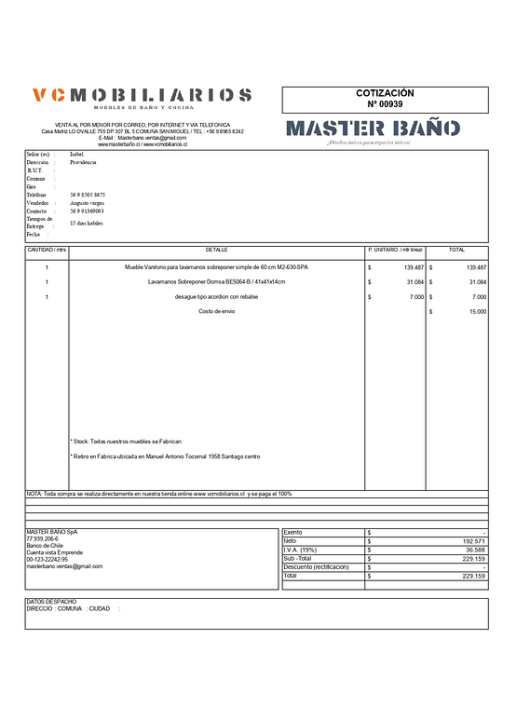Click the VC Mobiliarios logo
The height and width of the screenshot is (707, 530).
coord(142,96)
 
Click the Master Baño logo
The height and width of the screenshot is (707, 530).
coord(372,129)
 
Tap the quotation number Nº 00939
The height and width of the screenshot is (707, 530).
coord(385,104)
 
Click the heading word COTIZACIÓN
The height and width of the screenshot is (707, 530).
coord(385,93)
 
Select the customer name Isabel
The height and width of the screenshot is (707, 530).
coord(76,154)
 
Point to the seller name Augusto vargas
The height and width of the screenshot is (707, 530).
coord(88,202)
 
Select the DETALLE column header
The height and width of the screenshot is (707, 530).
coord(216,250)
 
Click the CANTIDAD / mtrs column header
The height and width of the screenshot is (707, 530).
coord(47,250)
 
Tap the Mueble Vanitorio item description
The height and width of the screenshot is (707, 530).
coord(216,267)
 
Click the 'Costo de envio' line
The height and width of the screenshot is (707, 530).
coord(216,311)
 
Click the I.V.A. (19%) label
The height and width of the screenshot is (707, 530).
coord(300,550)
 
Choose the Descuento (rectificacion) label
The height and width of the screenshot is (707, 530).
coord(316,566)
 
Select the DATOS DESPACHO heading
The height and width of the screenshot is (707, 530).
coord(51,602)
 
